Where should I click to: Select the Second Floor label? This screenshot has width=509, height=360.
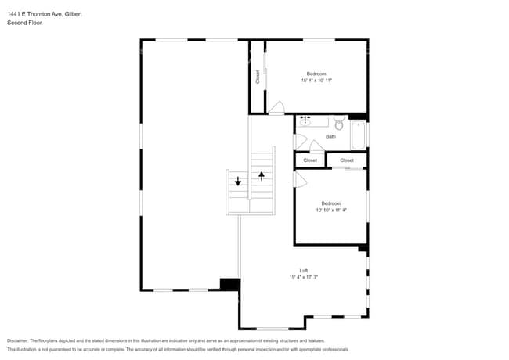(x=24, y=23)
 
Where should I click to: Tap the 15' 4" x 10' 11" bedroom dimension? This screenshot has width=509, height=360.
(x=316, y=80)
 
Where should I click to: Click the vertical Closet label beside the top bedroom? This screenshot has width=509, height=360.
(x=258, y=77)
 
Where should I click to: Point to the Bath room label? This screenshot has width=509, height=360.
(x=330, y=136)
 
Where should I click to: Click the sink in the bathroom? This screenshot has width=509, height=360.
(x=306, y=121)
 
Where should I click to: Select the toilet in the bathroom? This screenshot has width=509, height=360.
(x=339, y=124)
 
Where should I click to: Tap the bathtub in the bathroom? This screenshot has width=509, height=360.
(x=359, y=134)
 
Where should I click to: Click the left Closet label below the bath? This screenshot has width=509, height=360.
(x=310, y=160)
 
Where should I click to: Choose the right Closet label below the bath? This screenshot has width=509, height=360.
(x=347, y=160)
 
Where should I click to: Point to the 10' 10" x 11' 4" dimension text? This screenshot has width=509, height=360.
(x=330, y=210)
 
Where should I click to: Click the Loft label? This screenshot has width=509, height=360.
(x=304, y=270)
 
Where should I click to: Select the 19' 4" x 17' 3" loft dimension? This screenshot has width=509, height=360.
(x=304, y=277)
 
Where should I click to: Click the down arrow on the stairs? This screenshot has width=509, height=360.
(x=238, y=181)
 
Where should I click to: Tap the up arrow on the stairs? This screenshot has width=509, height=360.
(x=262, y=176)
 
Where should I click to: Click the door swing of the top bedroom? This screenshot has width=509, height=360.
(x=276, y=108)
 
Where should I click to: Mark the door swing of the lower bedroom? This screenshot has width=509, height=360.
(x=299, y=179)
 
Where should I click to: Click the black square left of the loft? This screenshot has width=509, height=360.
(x=229, y=285)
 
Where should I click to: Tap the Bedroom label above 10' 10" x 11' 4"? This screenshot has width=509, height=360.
(x=330, y=203)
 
